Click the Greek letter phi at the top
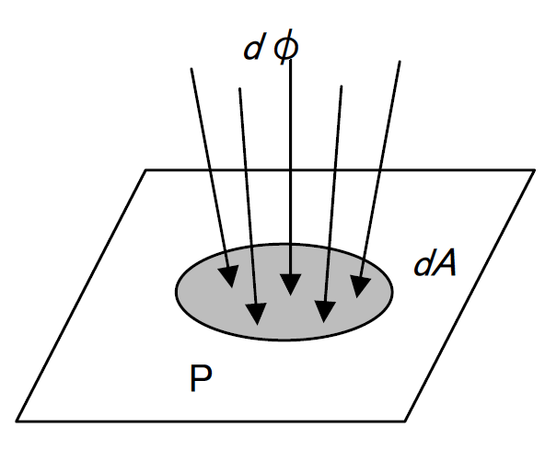pos(286,47)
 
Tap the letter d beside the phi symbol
pos(252,48)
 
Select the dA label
pos(435,263)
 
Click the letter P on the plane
pos(201,378)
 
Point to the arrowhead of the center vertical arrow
pos(290,284)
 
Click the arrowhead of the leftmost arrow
pos(228,276)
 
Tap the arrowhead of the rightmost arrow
pos(360,287)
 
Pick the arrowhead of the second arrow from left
pos(256,314)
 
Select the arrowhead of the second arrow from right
pos(325,312)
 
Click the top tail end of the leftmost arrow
pos(191,68)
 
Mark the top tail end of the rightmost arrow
pos(400,62)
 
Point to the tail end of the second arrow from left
pos(240,88)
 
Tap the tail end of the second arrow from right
pos(342,87)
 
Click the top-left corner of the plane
pos(145,170)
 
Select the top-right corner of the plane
pos(535,170)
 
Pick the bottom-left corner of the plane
pos(17,421)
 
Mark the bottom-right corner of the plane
pos(405,421)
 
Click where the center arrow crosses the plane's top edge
pos(290,170)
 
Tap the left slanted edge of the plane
pos(81,295)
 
